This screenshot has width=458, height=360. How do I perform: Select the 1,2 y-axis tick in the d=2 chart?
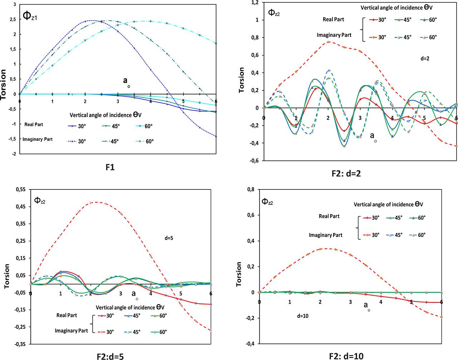(254, 3)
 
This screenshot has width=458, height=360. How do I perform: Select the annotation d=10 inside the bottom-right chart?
(302, 316)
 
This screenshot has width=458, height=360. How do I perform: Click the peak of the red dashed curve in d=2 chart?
(328, 42)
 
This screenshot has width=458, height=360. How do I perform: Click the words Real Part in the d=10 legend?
(329, 216)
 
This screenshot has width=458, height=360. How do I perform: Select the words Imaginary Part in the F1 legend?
(38, 139)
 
